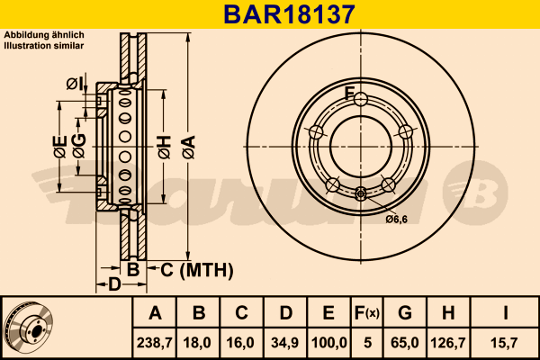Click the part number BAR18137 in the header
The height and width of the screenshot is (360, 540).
[289, 14]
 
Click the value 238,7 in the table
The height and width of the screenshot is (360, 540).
[155, 343]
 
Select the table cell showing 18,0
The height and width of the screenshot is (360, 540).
[197, 343]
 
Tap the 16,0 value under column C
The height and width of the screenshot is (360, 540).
[240, 343]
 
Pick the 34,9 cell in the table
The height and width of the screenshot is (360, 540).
[284, 343]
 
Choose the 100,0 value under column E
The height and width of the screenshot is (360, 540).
[328, 343]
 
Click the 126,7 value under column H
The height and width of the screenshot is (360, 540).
[448, 343]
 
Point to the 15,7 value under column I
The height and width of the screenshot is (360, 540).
[504, 343]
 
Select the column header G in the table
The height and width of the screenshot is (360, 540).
[405, 313]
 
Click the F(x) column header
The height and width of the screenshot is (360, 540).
[367, 313]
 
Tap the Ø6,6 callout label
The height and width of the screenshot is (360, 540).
[397, 219]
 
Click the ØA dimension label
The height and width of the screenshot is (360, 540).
[189, 147]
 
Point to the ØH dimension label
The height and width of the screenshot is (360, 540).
[165, 147]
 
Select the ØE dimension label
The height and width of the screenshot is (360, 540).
[60, 147]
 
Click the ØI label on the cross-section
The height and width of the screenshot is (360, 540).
[75, 84]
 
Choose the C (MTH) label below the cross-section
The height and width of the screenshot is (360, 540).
[197, 270]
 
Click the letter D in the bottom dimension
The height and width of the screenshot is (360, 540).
[115, 284]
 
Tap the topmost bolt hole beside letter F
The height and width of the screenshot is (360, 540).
[361, 99]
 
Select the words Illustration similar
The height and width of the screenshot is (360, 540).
[44, 46]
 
